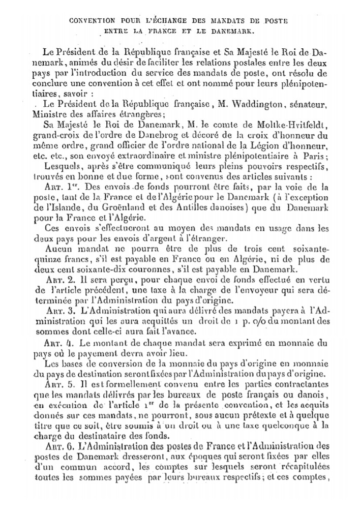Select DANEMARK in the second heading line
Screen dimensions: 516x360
237,31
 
